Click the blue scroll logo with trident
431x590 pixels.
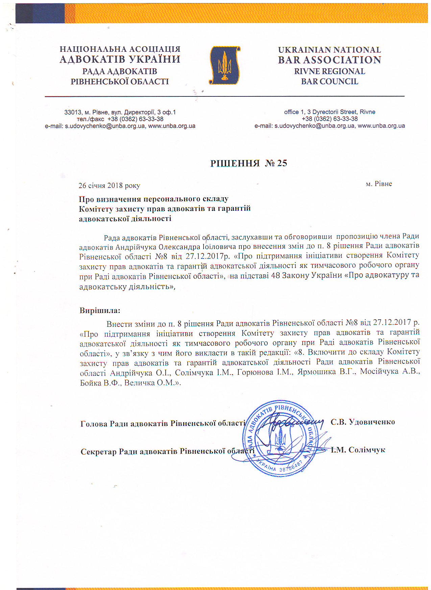224,65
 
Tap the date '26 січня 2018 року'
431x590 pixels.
109,185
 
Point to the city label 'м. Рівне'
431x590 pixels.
379,184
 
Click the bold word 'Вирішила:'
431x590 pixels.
100,310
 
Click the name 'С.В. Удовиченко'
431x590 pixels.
362,422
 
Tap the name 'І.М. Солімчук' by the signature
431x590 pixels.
358,450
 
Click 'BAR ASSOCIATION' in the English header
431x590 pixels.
329,60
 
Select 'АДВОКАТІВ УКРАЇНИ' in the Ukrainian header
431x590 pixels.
120,60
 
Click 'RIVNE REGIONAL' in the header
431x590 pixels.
329,71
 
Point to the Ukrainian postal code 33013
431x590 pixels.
73,112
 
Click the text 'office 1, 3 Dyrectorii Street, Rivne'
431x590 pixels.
329,112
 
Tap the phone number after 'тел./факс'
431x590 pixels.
135,119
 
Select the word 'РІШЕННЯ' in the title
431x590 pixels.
235,163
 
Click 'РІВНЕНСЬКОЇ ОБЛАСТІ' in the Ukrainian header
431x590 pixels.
120,82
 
